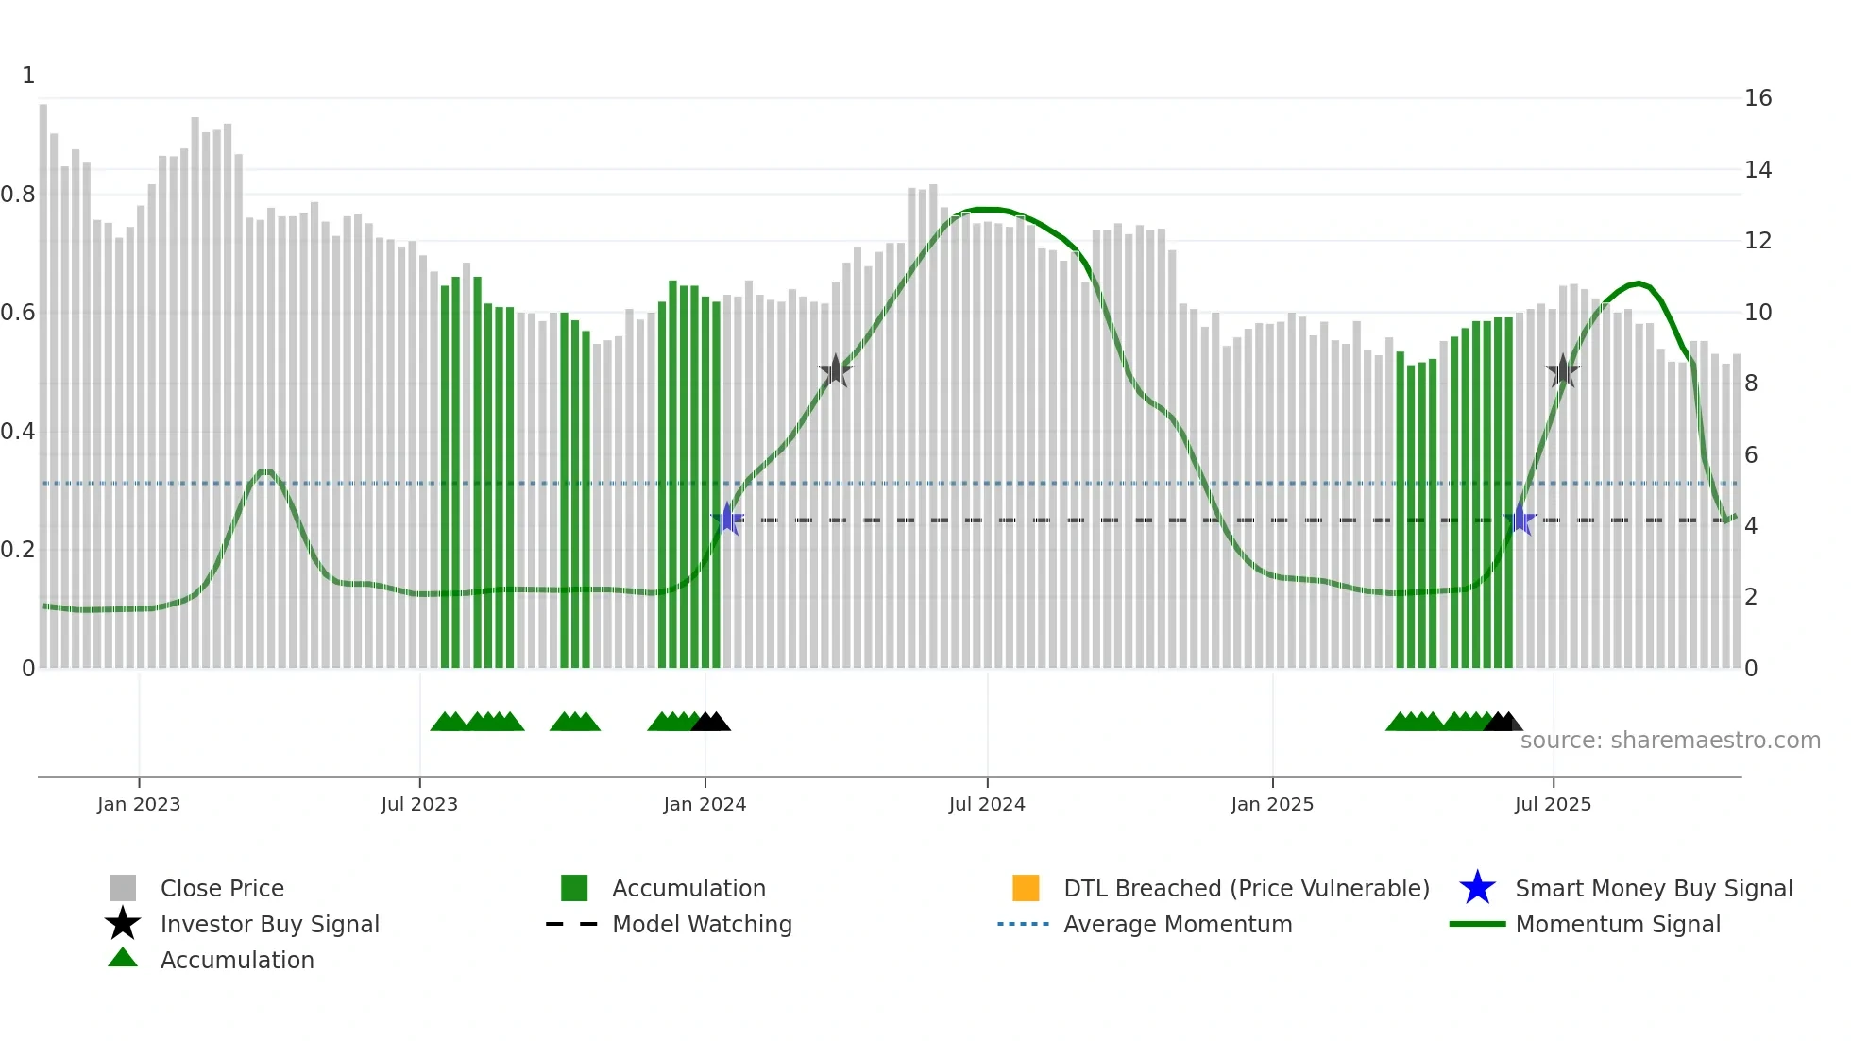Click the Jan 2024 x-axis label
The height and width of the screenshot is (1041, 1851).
pyautogui.click(x=705, y=804)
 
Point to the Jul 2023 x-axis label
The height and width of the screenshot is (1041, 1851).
pyautogui.click(x=419, y=804)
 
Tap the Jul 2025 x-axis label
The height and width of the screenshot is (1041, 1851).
pyautogui.click(x=1553, y=804)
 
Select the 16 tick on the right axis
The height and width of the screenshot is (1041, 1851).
pyautogui.click(x=1758, y=98)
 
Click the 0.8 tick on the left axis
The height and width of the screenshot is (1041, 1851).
pyautogui.click(x=18, y=195)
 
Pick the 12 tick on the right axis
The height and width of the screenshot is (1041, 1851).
pyautogui.click(x=1758, y=241)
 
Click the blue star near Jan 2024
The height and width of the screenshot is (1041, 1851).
pyautogui.click(x=727, y=519)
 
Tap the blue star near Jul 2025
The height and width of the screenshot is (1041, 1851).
pyautogui.click(x=1520, y=519)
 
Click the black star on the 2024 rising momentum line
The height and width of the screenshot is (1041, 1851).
pyautogui.click(x=835, y=371)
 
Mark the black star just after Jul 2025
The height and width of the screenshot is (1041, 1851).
pyautogui.click(x=1563, y=371)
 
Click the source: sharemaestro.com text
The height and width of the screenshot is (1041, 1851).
pyautogui.click(x=1670, y=741)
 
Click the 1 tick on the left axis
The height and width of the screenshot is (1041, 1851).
pyautogui.click(x=28, y=76)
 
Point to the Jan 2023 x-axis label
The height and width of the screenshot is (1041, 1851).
pyautogui.click(x=139, y=804)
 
